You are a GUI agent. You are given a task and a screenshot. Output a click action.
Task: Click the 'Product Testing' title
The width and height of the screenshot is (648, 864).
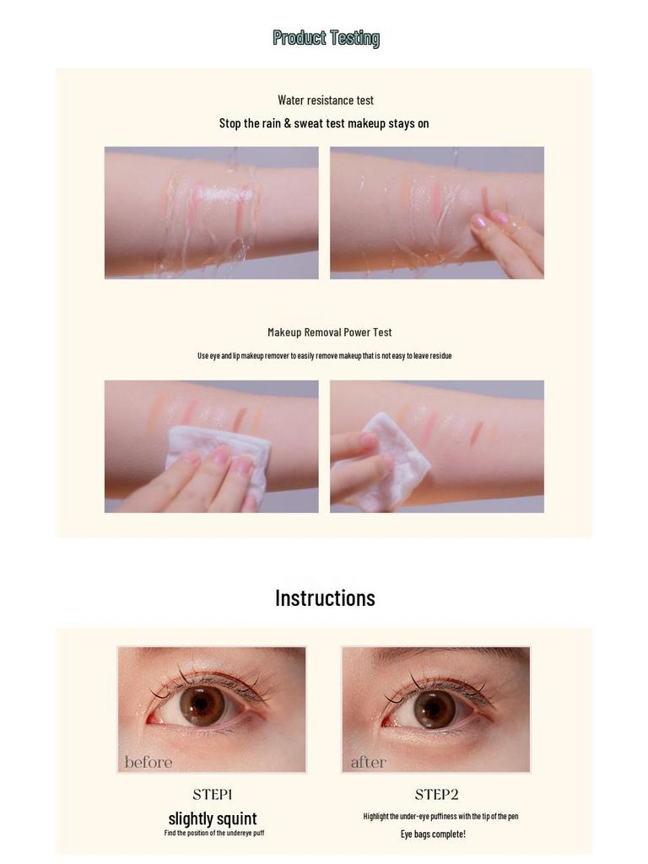click(326, 38)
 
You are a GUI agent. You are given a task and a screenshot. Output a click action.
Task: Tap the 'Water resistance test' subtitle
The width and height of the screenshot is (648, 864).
click(325, 100)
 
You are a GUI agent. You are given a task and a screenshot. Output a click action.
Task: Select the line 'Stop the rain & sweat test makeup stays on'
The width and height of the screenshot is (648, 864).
click(324, 123)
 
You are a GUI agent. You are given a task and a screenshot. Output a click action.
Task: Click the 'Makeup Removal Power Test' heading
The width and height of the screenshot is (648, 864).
click(329, 332)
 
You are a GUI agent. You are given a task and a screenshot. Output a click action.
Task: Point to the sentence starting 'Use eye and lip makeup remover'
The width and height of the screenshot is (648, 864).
click(324, 356)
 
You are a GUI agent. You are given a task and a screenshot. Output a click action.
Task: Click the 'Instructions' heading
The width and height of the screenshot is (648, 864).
click(325, 598)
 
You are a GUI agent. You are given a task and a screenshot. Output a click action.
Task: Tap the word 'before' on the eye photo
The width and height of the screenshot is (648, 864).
click(148, 763)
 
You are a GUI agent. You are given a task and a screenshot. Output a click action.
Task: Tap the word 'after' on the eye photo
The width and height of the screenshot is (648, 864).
click(368, 763)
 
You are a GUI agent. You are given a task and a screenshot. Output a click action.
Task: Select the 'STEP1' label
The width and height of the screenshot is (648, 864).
click(212, 795)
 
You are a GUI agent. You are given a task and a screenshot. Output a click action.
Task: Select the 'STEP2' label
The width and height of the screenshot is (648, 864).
click(436, 795)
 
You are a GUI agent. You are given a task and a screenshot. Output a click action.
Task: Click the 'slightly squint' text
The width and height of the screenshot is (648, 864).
click(213, 818)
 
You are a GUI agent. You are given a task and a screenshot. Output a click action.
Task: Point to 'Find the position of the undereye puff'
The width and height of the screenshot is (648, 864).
click(213, 834)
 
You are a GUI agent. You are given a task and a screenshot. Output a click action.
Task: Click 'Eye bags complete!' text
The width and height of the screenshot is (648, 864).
click(432, 834)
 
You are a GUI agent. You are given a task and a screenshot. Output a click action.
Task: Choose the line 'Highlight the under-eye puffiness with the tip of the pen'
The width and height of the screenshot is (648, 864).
click(440, 817)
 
